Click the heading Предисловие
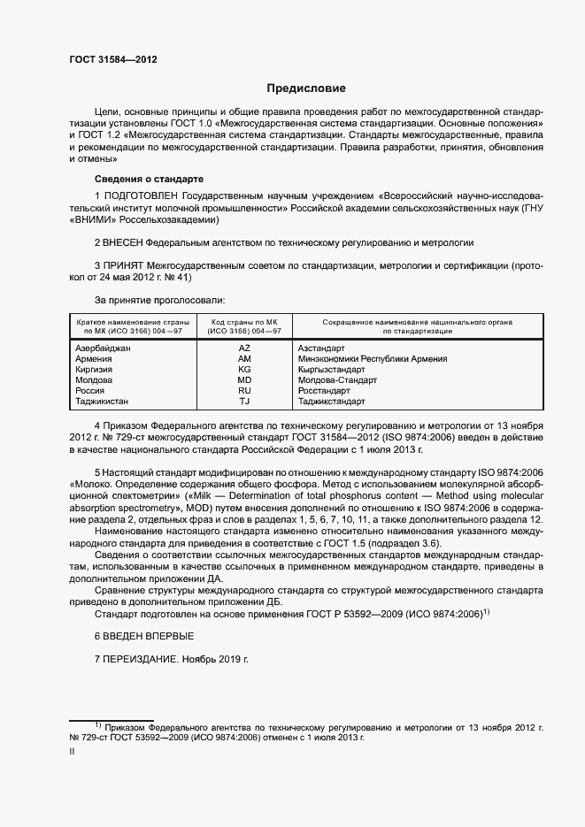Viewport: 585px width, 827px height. (x=306, y=88)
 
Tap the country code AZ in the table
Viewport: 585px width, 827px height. (x=245, y=348)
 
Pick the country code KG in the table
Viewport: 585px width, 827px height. (x=245, y=370)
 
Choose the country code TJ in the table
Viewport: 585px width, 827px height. (x=245, y=402)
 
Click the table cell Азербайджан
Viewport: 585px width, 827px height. (x=104, y=348)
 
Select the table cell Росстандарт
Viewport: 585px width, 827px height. (x=324, y=391)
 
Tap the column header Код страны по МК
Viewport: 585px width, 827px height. (x=244, y=321)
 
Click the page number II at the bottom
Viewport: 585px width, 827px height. (x=72, y=750)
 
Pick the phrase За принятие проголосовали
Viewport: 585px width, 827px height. (x=159, y=301)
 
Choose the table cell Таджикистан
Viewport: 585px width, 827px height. (x=104, y=402)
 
